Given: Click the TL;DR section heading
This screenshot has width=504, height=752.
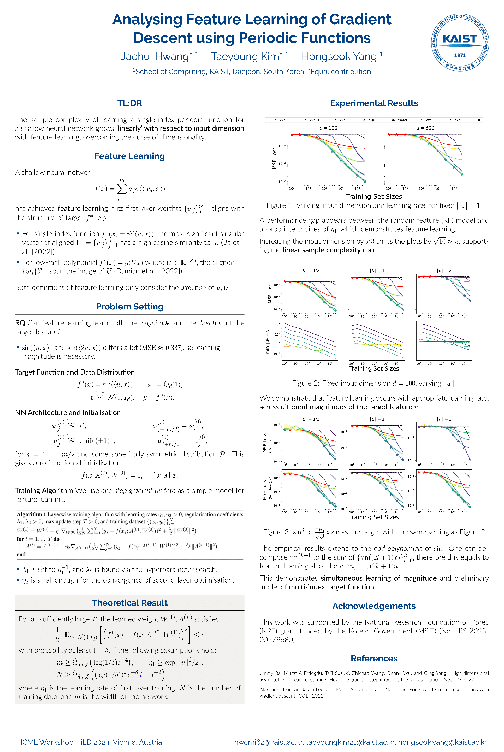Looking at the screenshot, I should (129, 103).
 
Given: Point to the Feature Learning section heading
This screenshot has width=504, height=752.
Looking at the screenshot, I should (129, 156).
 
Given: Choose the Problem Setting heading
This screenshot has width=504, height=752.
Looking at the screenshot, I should (129, 306).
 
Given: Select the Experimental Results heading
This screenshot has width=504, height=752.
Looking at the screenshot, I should (374, 103).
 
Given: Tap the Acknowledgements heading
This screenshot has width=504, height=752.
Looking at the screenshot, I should (374, 606).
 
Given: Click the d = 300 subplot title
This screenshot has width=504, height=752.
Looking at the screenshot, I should (425, 128).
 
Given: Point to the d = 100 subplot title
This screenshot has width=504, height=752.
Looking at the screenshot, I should (328, 128).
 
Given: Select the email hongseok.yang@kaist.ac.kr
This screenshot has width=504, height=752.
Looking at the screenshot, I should (442, 742).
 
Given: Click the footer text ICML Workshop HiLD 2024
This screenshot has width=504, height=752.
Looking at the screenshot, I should (66, 742).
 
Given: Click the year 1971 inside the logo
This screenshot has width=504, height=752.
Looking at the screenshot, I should (460, 55).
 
